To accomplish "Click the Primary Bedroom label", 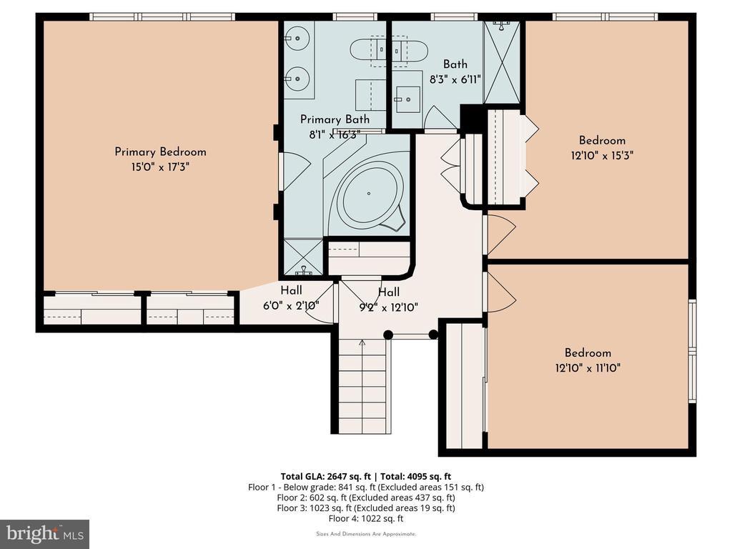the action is click(x=160, y=152).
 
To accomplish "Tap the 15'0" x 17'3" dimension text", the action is click(x=160, y=167).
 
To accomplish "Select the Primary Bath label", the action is click(x=335, y=119).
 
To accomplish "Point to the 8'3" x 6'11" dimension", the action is click(x=455, y=79).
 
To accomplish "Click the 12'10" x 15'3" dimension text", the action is click(x=602, y=155).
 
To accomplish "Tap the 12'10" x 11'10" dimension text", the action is click(x=588, y=368).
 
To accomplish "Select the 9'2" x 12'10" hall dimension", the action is click(x=388, y=307).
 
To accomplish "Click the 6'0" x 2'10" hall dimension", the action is click(x=292, y=306).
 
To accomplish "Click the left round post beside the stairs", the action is click(x=387, y=335).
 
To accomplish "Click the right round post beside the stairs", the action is click(x=433, y=335).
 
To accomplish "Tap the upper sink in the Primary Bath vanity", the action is click(x=297, y=39).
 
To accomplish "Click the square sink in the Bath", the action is click(x=407, y=99).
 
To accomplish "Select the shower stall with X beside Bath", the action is click(x=502, y=63).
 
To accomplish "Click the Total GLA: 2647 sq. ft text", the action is click(x=325, y=477).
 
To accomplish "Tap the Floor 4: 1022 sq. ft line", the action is click(x=366, y=519).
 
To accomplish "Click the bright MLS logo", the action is click(x=45, y=534).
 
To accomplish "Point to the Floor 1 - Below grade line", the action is click(x=366, y=488).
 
